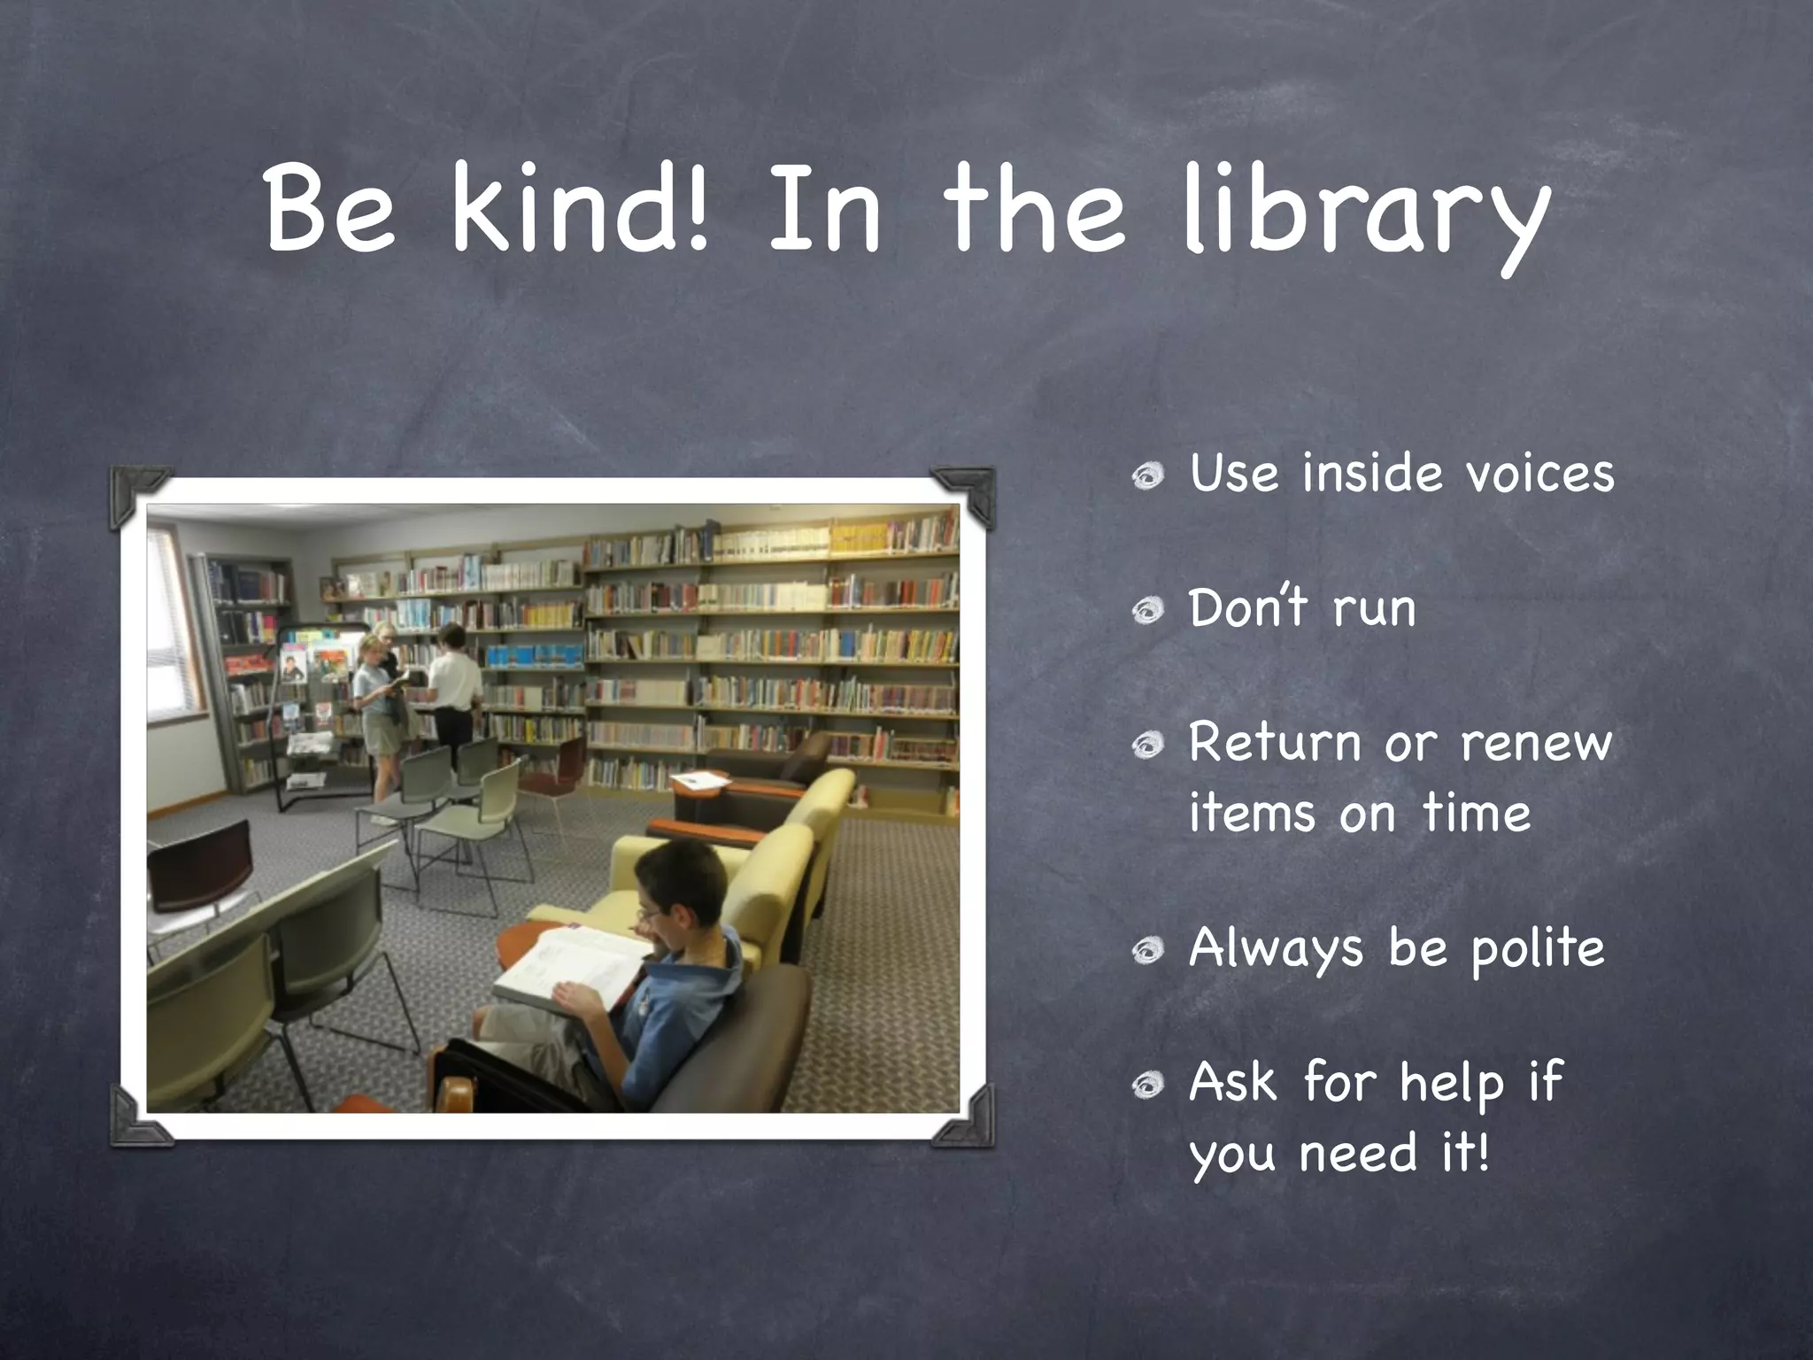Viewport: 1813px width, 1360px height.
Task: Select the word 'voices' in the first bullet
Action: [1539, 473]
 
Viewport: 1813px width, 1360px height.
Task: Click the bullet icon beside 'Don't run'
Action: [1148, 611]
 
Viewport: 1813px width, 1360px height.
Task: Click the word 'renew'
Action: [1536, 744]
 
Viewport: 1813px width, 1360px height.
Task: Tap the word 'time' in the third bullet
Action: [1476, 813]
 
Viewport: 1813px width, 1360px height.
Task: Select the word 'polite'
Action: [1538, 949]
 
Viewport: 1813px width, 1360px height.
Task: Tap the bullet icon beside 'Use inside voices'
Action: [1148, 476]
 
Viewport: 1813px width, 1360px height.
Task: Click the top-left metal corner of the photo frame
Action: [138, 496]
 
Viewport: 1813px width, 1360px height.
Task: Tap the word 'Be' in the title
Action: [330, 212]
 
